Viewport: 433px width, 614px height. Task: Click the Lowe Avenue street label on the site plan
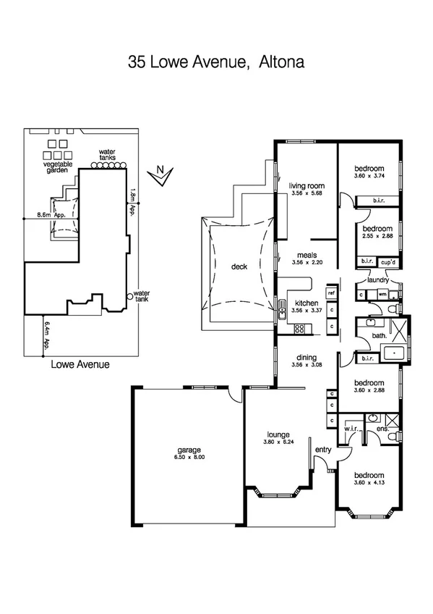80,365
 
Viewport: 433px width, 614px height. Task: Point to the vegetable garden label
58,168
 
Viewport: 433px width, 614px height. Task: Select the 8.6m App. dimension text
50,215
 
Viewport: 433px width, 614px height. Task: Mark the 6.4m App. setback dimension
47,335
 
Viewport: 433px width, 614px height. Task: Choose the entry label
323,450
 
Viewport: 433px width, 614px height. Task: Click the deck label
239,266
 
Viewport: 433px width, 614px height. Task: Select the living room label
304,185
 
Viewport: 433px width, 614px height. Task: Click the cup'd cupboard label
388,261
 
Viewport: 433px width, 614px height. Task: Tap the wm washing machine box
381,295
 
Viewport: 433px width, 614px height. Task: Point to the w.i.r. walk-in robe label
352,428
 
